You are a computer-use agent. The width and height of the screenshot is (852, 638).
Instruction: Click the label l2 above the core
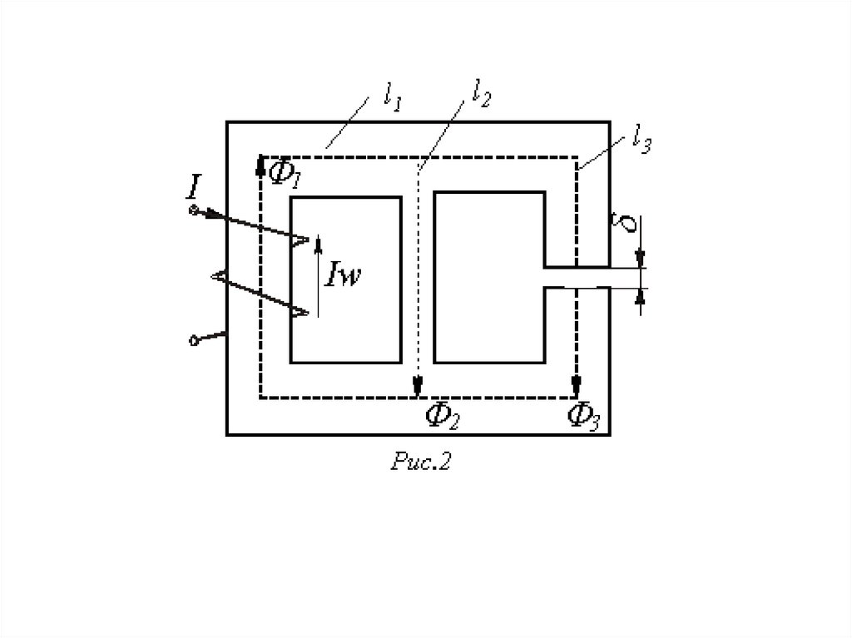pyautogui.click(x=480, y=94)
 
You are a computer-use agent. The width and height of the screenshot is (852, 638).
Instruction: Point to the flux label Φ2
pyautogui.click(x=441, y=414)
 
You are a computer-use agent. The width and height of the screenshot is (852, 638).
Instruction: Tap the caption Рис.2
pyautogui.click(x=420, y=462)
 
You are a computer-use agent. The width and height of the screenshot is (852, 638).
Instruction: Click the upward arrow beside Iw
pyautogui.click(x=317, y=245)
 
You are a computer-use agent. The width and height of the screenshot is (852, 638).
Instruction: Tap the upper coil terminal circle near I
pyautogui.click(x=194, y=210)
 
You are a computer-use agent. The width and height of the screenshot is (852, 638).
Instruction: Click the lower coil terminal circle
pyautogui.click(x=195, y=339)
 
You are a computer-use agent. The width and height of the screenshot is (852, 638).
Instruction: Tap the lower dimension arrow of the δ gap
pyautogui.click(x=639, y=297)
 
